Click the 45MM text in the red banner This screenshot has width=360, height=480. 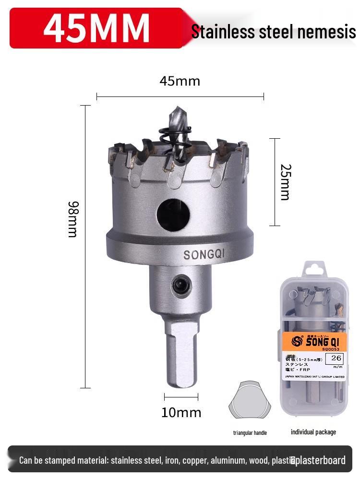[x=96, y=28]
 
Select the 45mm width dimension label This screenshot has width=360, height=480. [x=180, y=81]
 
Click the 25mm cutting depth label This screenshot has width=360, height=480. [x=285, y=182]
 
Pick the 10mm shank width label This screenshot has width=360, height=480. [x=181, y=412]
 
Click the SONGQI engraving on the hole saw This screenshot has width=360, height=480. [x=204, y=254]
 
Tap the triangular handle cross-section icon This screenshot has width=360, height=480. [x=250, y=400]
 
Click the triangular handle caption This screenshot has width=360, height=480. [x=250, y=433]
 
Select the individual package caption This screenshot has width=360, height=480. [x=313, y=432]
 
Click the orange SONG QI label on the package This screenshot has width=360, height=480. [x=312, y=341]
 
